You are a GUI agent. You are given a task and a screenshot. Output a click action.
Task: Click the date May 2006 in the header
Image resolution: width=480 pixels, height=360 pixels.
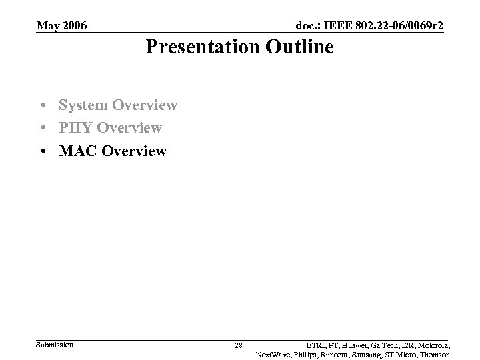pos(61,26)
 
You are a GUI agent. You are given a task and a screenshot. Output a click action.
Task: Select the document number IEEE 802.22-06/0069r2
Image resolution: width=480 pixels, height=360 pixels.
pos(369,26)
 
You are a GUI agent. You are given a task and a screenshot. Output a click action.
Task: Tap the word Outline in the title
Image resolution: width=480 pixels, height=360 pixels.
pos(298,47)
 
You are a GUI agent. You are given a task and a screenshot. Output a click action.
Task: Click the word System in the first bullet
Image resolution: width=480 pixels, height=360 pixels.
pos(83,105)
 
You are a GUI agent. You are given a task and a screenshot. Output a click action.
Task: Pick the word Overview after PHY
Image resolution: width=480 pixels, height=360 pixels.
pos(130,127)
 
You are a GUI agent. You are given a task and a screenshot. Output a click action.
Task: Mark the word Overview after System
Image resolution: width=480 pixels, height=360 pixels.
pos(145,105)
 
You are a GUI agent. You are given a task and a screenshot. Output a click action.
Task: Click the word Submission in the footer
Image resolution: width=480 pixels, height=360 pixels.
pos(55,345)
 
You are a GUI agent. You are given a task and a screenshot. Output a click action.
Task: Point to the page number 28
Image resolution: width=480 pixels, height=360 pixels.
pos(239,345)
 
